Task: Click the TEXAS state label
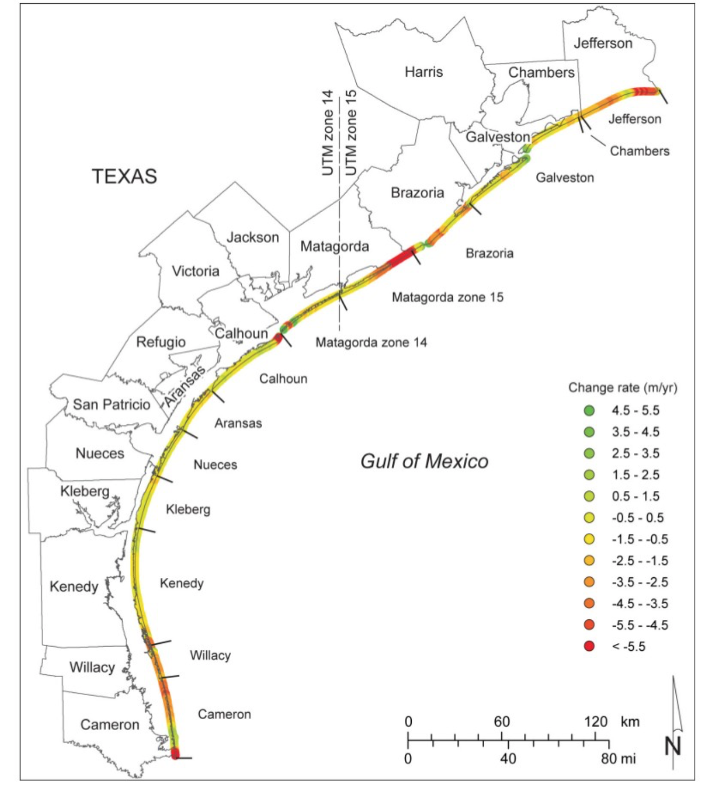125,176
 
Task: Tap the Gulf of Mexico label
424,461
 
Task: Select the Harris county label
423,71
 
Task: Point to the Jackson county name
252,237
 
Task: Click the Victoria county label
195,271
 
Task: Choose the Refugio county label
161,342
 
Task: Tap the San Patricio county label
111,405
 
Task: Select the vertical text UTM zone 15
351,133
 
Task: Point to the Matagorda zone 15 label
447,297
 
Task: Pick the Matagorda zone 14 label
371,342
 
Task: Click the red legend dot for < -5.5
589,647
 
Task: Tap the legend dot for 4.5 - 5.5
589,410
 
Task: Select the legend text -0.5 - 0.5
638,518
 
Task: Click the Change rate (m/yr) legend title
623,388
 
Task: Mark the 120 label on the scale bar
595,722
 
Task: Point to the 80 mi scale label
618,758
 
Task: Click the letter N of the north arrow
673,745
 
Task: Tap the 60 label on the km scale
501,722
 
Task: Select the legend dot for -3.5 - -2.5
589,582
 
